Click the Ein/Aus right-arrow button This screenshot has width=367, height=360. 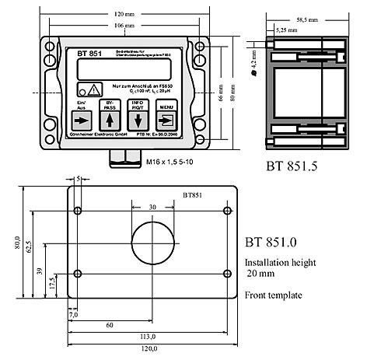click(x=80, y=121)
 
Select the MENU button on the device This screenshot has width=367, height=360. click(x=166, y=121)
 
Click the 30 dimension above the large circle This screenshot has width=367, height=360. click(x=152, y=208)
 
